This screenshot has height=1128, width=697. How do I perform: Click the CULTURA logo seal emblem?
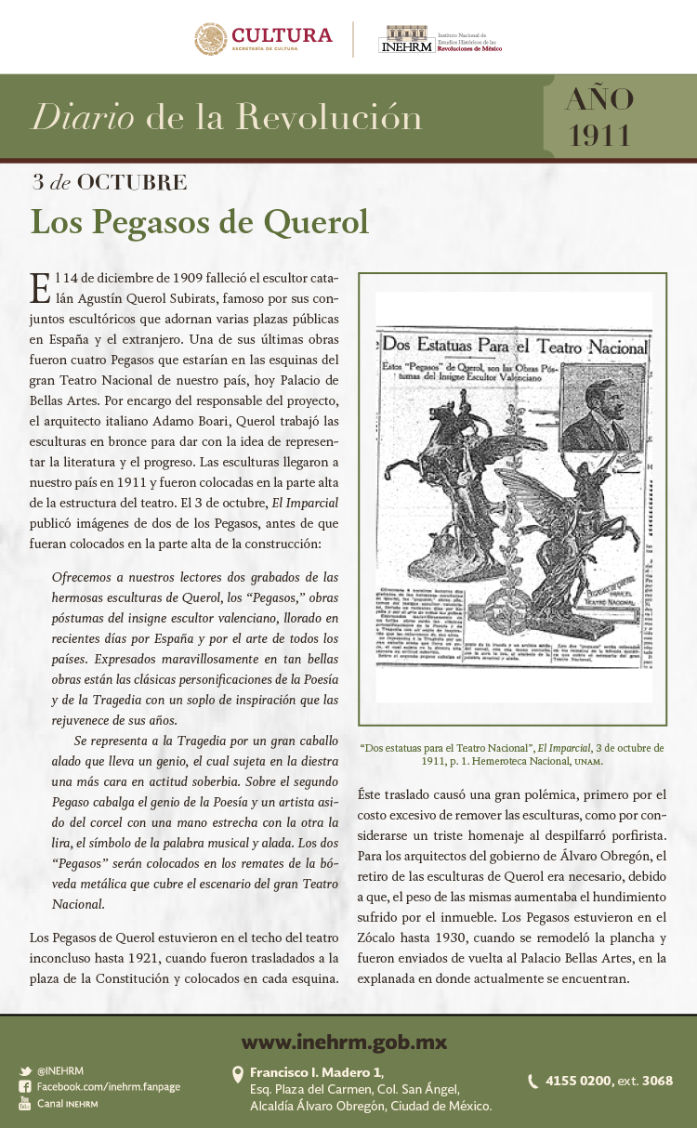[210, 39]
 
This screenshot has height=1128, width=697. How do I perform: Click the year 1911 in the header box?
[599, 135]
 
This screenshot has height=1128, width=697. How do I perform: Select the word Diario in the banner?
[83, 118]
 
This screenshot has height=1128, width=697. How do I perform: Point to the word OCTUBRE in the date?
[132, 182]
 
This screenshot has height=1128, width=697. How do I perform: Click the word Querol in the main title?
[316, 223]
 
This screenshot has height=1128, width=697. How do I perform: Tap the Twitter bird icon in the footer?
[25, 1071]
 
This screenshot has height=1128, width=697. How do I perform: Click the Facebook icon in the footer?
[25, 1087]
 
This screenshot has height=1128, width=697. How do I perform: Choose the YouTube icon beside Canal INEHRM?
[25, 1103]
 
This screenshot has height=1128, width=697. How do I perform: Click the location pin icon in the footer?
[237, 1075]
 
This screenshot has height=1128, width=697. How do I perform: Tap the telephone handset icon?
[533, 1082]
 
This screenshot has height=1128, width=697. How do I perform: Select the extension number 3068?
[657, 1081]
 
